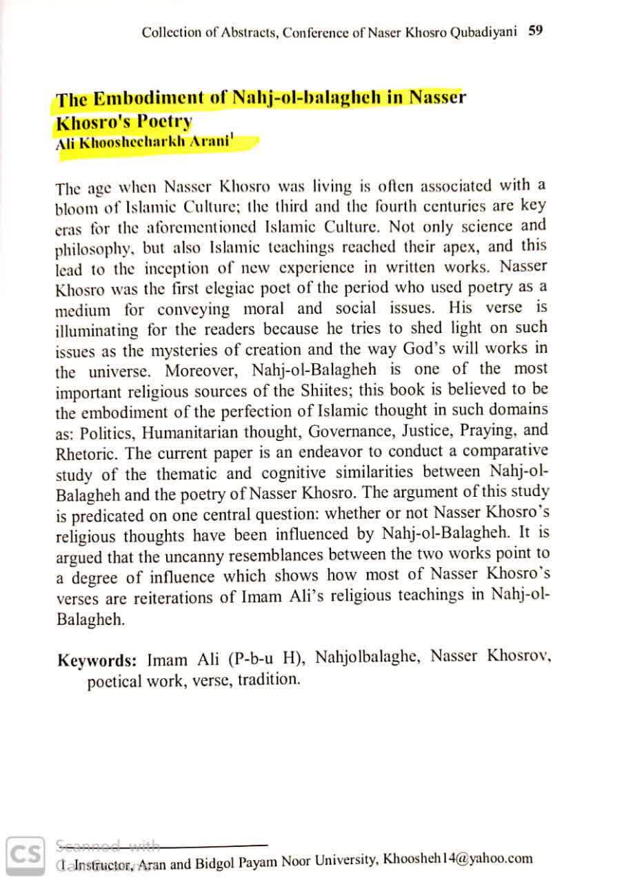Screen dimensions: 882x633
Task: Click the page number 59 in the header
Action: pos(536,30)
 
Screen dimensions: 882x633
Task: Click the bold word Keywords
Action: pos(97,660)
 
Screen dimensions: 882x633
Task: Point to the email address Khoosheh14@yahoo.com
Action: pos(458,859)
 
